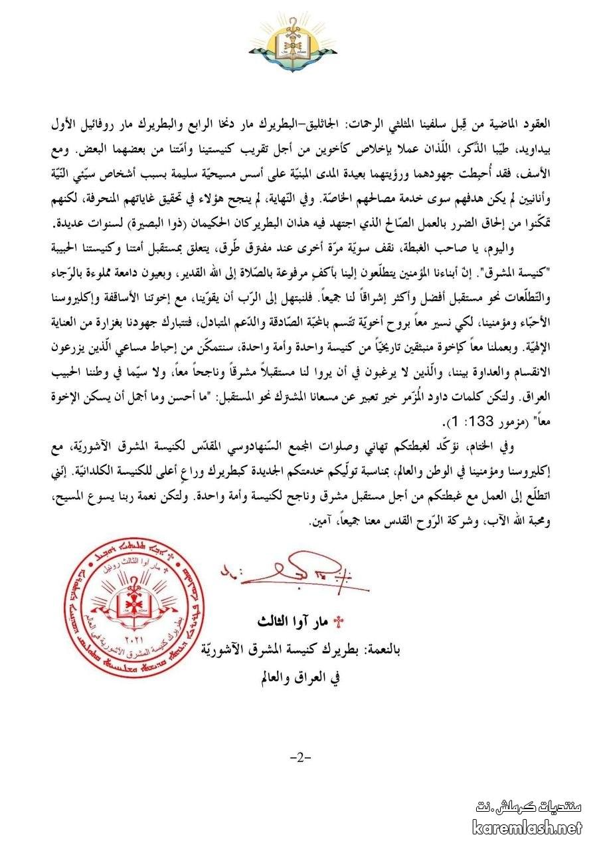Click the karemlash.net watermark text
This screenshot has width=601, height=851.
(527, 828)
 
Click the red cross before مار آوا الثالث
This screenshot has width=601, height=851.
(340, 623)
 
